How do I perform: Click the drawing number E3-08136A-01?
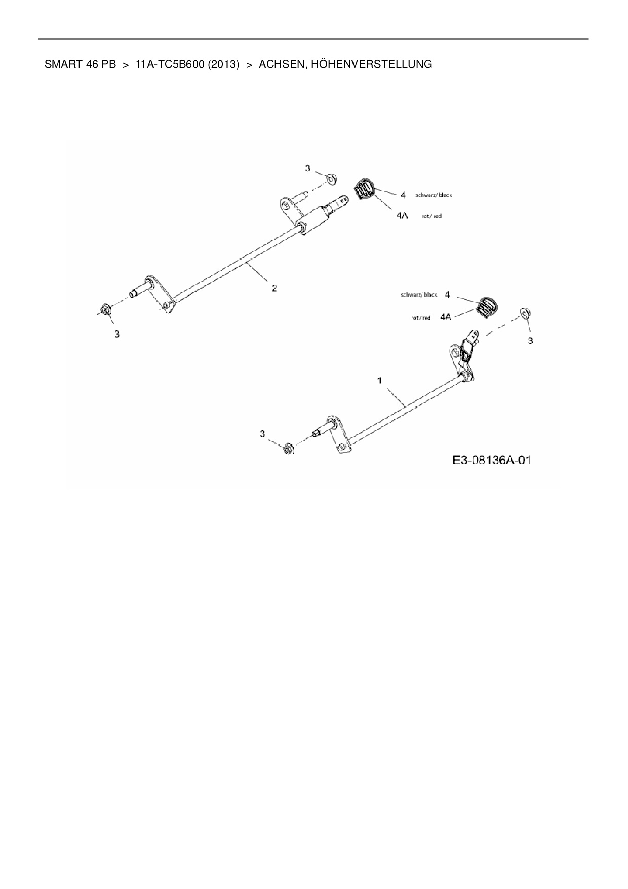coord(492,460)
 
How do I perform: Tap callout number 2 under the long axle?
coord(274,288)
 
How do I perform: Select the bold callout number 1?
coord(380,380)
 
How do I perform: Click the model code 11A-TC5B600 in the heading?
coord(170,64)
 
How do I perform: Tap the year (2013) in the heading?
coord(223,64)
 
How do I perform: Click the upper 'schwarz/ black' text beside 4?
coord(434,195)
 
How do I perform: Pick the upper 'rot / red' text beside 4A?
coord(431,216)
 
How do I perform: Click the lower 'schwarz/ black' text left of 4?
coord(419,294)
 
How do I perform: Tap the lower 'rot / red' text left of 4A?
coord(421,318)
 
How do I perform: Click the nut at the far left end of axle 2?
coord(106,309)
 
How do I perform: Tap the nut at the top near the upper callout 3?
coord(331,178)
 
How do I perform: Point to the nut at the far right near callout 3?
coord(525,312)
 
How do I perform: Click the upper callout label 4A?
coord(402,216)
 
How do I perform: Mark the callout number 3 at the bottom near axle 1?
coord(262,434)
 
